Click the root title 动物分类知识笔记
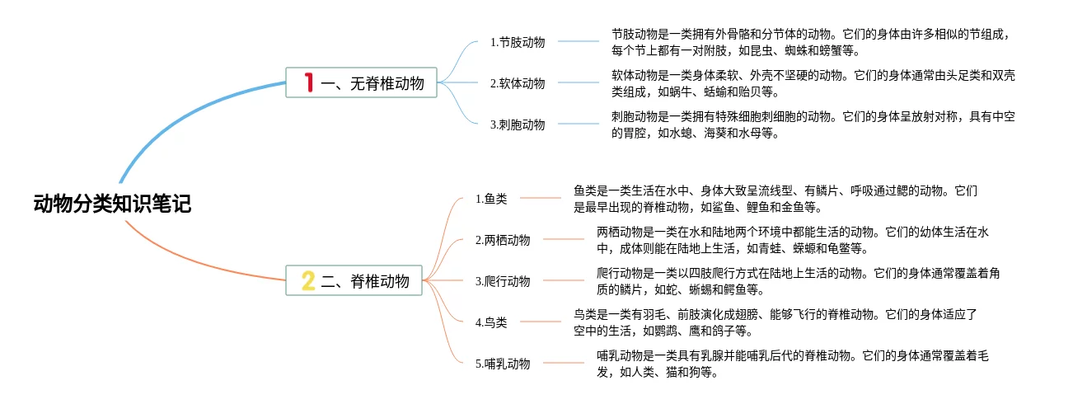click(112, 204)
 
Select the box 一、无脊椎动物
click(361, 82)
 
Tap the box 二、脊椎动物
click(354, 281)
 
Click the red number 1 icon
click(309, 82)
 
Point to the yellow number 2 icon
click(308, 281)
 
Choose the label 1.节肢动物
click(517, 42)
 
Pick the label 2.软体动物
click(517, 83)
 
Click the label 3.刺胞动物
click(517, 124)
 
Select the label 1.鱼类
click(491, 199)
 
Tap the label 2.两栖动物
click(503, 240)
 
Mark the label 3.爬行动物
click(503, 281)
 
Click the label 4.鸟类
click(491, 322)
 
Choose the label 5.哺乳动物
click(503, 364)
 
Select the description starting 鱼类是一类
click(775, 199)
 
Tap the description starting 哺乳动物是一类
click(792, 364)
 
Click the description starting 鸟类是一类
click(775, 322)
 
